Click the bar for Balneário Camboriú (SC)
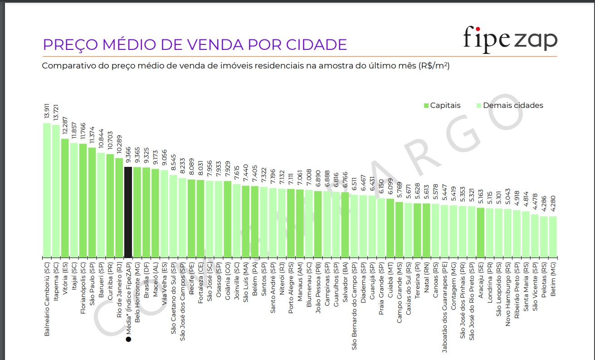tap(47, 190)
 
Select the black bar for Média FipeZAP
tap(128, 212)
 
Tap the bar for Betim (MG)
tap(553, 236)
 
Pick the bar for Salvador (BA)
tap(345, 224)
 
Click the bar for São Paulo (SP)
tap(92, 202)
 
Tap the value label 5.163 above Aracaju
tap(481, 196)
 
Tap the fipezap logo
tap(510, 39)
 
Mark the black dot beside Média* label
tap(128, 339)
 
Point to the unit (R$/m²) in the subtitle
tap(434, 66)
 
